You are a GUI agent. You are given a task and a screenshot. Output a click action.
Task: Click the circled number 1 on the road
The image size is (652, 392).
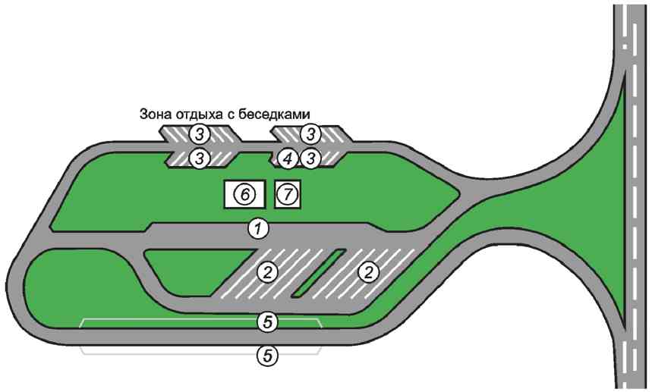pos(260,227)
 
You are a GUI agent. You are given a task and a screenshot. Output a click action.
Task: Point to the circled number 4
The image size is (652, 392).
pos(286,158)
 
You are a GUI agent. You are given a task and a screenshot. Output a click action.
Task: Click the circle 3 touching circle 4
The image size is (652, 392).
pos(310,158)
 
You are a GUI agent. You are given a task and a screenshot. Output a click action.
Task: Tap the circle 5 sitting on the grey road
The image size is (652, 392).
pos(266,321)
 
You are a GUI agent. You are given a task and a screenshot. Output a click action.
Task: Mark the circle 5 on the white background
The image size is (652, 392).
pos(266,354)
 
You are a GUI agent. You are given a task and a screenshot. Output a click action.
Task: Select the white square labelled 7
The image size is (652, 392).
pos(287,195)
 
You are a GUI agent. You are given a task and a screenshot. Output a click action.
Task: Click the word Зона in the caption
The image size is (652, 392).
pos(156,114)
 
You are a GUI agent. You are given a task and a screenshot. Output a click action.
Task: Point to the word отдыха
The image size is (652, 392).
pos(199,115)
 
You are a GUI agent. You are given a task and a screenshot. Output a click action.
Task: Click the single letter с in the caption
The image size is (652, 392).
pos(236,115)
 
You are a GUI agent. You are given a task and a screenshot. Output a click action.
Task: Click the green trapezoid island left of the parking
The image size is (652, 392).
pos(182,271)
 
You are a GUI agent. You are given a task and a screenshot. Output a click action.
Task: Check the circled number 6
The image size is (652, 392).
pos(244,195)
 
